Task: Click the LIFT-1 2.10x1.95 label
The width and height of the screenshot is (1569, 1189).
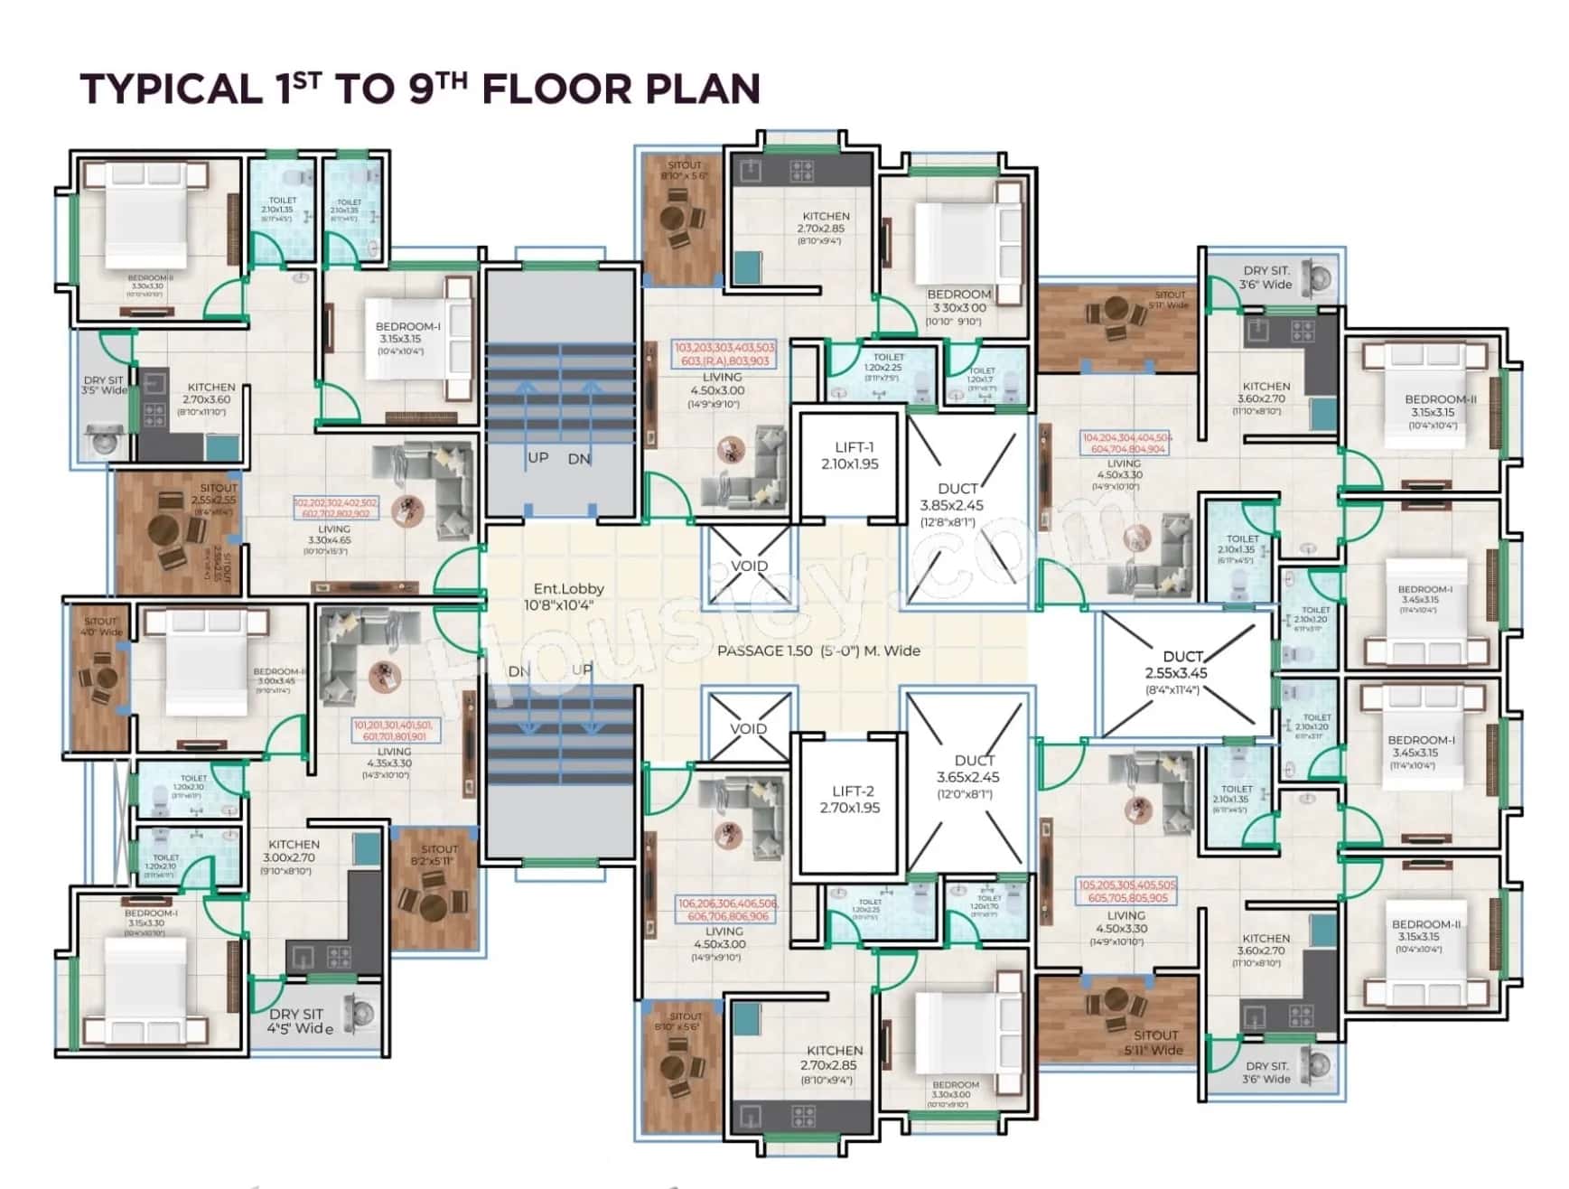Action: pos(850,455)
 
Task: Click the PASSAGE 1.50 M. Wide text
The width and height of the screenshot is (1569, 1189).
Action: pos(818,651)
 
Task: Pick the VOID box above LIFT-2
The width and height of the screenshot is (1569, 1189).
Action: pos(748,728)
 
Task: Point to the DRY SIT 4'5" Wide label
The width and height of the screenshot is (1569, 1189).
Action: pos(299,1021)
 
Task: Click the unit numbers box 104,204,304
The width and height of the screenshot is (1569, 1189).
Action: pos(1125,443)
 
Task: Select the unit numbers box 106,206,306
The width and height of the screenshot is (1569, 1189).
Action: pos(727,910)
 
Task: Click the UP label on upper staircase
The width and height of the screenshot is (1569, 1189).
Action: pos(537,457)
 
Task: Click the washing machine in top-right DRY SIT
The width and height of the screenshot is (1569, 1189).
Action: pos(1322,276)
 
